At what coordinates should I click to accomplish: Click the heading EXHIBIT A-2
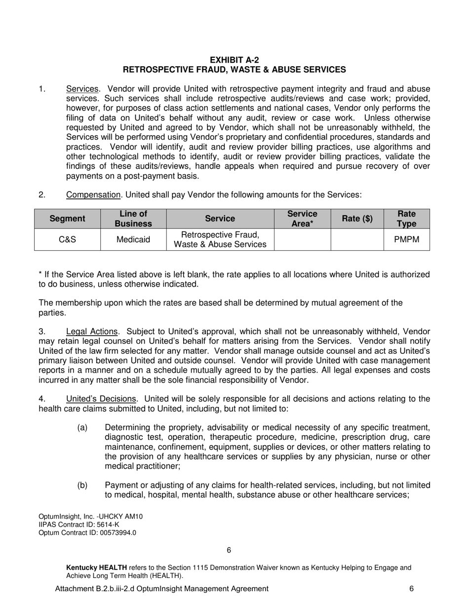click(x=234, y=60)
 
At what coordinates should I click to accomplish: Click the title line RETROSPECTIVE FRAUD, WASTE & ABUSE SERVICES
click(x=234, y=70)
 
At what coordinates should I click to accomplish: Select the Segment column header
click(x=67, y=219)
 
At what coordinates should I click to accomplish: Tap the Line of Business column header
click(x=133, y=219)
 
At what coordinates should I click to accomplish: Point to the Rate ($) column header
click(x=357, y=219)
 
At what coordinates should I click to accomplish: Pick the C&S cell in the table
click(x=67, y=240)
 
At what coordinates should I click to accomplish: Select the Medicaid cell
click(x=133, y=240)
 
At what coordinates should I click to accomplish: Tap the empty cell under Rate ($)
click(x=357, y=240)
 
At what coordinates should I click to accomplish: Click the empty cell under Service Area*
click(x=302, y=240)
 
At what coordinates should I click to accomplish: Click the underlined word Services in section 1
click(x=82, y=89)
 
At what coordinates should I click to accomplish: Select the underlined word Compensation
click(x=93, y=195)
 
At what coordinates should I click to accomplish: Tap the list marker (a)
click(x=82, y=427)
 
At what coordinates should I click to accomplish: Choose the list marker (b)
click(x=82, y=486)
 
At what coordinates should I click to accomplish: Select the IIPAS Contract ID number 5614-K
click(x=107, y=525)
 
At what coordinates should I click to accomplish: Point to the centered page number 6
click(x=229, y=550)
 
